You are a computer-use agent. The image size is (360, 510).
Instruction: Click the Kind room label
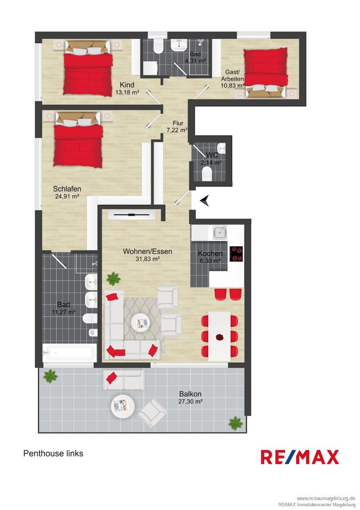click(x=127, y=85)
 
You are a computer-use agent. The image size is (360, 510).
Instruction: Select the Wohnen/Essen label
click(x=147, y=251)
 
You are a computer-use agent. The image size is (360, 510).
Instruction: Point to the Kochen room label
click(x=210, y=254)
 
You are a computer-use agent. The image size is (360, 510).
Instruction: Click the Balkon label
click(x=190, y=394)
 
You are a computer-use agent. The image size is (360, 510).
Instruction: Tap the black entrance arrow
click(x=204, y=201)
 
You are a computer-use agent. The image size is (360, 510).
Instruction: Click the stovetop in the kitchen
click(x=236, y=254)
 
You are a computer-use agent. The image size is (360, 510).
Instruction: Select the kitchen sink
click(x=220, y=232)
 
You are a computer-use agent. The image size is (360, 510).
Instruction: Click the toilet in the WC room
click(x=207, y=176)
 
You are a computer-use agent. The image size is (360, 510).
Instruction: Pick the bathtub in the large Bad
click(x=69, y=353)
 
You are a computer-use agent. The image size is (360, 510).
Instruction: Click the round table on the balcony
click(x=123, y=405)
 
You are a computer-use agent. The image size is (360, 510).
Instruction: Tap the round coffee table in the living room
click(x=141, y=323)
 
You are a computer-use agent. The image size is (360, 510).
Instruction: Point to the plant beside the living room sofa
click(x=113, y=278)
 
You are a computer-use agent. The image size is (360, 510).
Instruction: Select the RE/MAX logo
click(x=300, y=457)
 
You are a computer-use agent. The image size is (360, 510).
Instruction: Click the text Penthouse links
click(x=53, y=453)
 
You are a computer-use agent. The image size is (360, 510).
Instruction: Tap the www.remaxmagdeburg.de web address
click(x=325, y=498)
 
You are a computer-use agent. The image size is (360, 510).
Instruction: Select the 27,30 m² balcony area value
click(x=190, y=401)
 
